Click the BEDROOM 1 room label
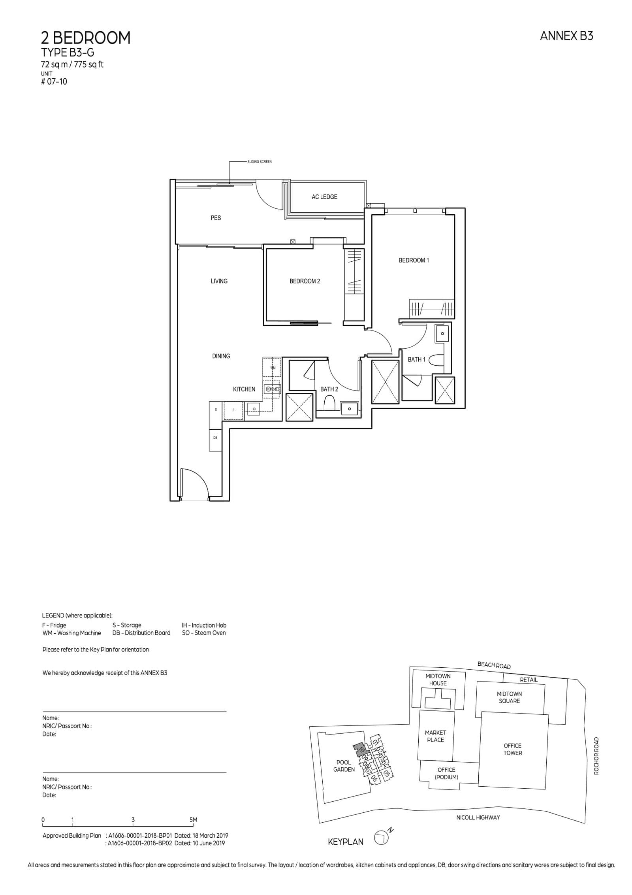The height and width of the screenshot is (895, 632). (x=414, y=260)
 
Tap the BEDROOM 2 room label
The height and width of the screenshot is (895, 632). (x=305, y=281)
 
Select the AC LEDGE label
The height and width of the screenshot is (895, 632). (x=324, y=197)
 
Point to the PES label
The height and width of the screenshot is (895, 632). (x=216, y=218)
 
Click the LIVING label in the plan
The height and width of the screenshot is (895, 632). (x=219, y=281)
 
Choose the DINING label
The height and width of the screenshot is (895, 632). (x=221, y=356)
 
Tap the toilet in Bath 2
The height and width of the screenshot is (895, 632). (x=329, y=404)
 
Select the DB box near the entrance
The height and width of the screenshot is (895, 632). (x=215, y=438)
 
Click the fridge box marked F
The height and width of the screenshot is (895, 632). (x=233, y=410)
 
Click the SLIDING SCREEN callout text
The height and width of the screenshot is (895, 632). (x=260, y=162)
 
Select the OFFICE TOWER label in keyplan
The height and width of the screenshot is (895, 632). (x=512, y=749)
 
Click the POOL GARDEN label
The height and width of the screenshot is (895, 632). (x=344, y=766)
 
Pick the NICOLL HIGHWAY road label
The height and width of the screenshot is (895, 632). (x=478, y=817)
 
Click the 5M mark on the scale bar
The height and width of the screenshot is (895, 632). (x=193, y=820)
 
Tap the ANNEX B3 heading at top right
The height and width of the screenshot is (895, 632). (x=566, y=36)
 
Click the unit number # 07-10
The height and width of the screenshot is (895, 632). (x=54, y=82)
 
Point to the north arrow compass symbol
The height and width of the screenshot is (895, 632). (x=381, y=839)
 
